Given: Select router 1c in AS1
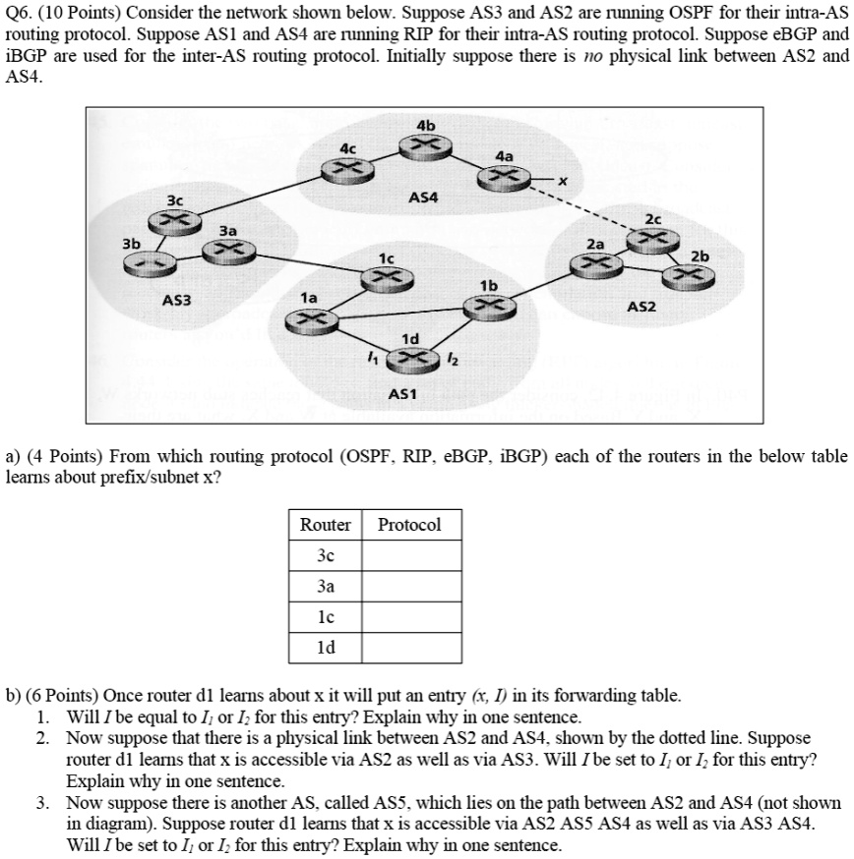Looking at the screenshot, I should click(379, 278).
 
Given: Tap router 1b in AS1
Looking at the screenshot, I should click(489, 306).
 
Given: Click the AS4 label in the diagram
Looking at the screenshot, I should click(423, 198).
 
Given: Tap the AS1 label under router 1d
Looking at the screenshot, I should click(403, 393).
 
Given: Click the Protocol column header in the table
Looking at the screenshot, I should click(409, 525).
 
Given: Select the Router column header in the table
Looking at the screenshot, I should click(326, 525).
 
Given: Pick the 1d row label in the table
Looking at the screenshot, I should click(326, 648).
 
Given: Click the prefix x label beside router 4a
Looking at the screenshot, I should click(563, 181).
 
